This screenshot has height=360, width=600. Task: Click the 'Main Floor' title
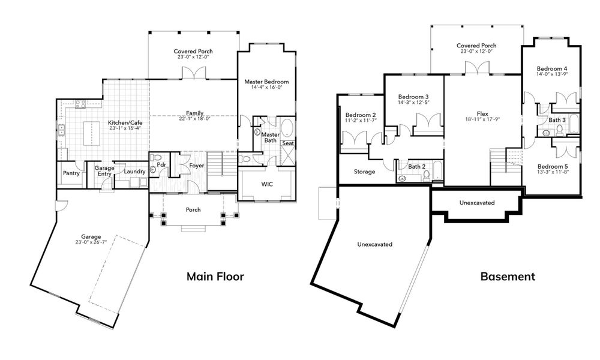tap(215, 277)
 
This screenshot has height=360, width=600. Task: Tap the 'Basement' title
tap(508, 277)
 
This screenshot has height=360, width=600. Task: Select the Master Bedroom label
tap(266, 82)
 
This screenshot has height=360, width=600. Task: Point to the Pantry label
tap(71, 173)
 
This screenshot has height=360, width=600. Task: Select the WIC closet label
tap(267, 184)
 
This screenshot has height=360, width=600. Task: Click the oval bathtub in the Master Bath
tap(287, 128)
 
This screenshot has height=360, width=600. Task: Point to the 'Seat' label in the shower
tap(288, 143)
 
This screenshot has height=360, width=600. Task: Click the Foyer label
tap(197, 165)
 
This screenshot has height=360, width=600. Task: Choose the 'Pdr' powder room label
tap(161, 164)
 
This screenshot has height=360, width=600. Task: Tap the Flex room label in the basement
tap(482, 112)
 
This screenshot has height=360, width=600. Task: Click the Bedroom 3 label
tap(413, 97)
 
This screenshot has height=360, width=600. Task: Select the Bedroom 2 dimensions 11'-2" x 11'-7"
tap(361, 121)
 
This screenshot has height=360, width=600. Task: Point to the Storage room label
tap(364, 172)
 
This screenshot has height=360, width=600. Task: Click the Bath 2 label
tap(417, 166)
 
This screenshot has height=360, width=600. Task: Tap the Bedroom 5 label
tap(552, 166)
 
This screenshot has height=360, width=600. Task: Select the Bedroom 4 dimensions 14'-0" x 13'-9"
tap(552, 74)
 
